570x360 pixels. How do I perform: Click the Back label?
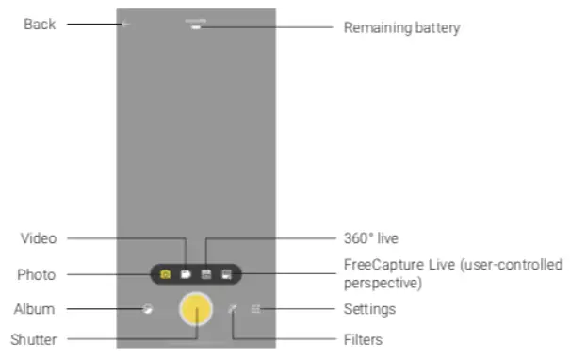(40, 25)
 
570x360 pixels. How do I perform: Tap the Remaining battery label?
(401, 27)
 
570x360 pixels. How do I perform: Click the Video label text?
(38, 238)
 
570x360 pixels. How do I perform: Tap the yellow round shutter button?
(196, 309)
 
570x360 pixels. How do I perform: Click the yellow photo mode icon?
(166, 275)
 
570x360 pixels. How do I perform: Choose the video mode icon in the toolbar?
(187, 275)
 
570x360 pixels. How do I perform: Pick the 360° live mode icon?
(206, 275)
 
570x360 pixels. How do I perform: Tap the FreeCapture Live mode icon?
(227, 275)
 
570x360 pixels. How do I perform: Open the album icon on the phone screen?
(147, 308)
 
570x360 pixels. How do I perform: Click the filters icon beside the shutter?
(234, 308)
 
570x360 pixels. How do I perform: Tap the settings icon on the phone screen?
(255, 308)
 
